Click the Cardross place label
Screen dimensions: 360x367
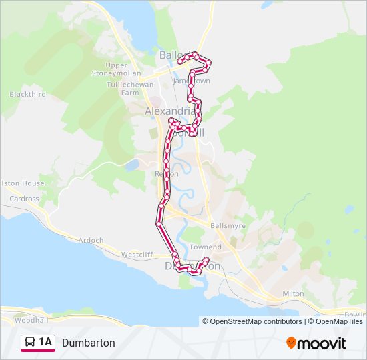[x=24, y=199]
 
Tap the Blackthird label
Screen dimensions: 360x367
[x=27, y=95]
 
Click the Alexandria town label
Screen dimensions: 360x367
[x=169, y=111]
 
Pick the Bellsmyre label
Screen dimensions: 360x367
[x=228, y=226]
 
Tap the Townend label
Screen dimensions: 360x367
[x=205, y=247]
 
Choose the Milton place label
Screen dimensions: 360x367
[x=293, y=293]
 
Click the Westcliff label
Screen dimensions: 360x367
[x=137, y=255]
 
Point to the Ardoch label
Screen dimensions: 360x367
[x=91, y=240]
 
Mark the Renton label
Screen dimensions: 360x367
[x=166, y=174]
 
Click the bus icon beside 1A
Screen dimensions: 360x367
[x=30, y=343]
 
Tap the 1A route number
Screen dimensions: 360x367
[x=45, y=343]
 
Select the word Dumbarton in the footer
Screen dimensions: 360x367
[x=89, y=343]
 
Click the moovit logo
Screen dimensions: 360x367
[x=316, y=343]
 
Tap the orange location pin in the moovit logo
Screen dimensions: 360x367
[x=292, y=343]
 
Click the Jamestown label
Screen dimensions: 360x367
[x=192, y=81]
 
